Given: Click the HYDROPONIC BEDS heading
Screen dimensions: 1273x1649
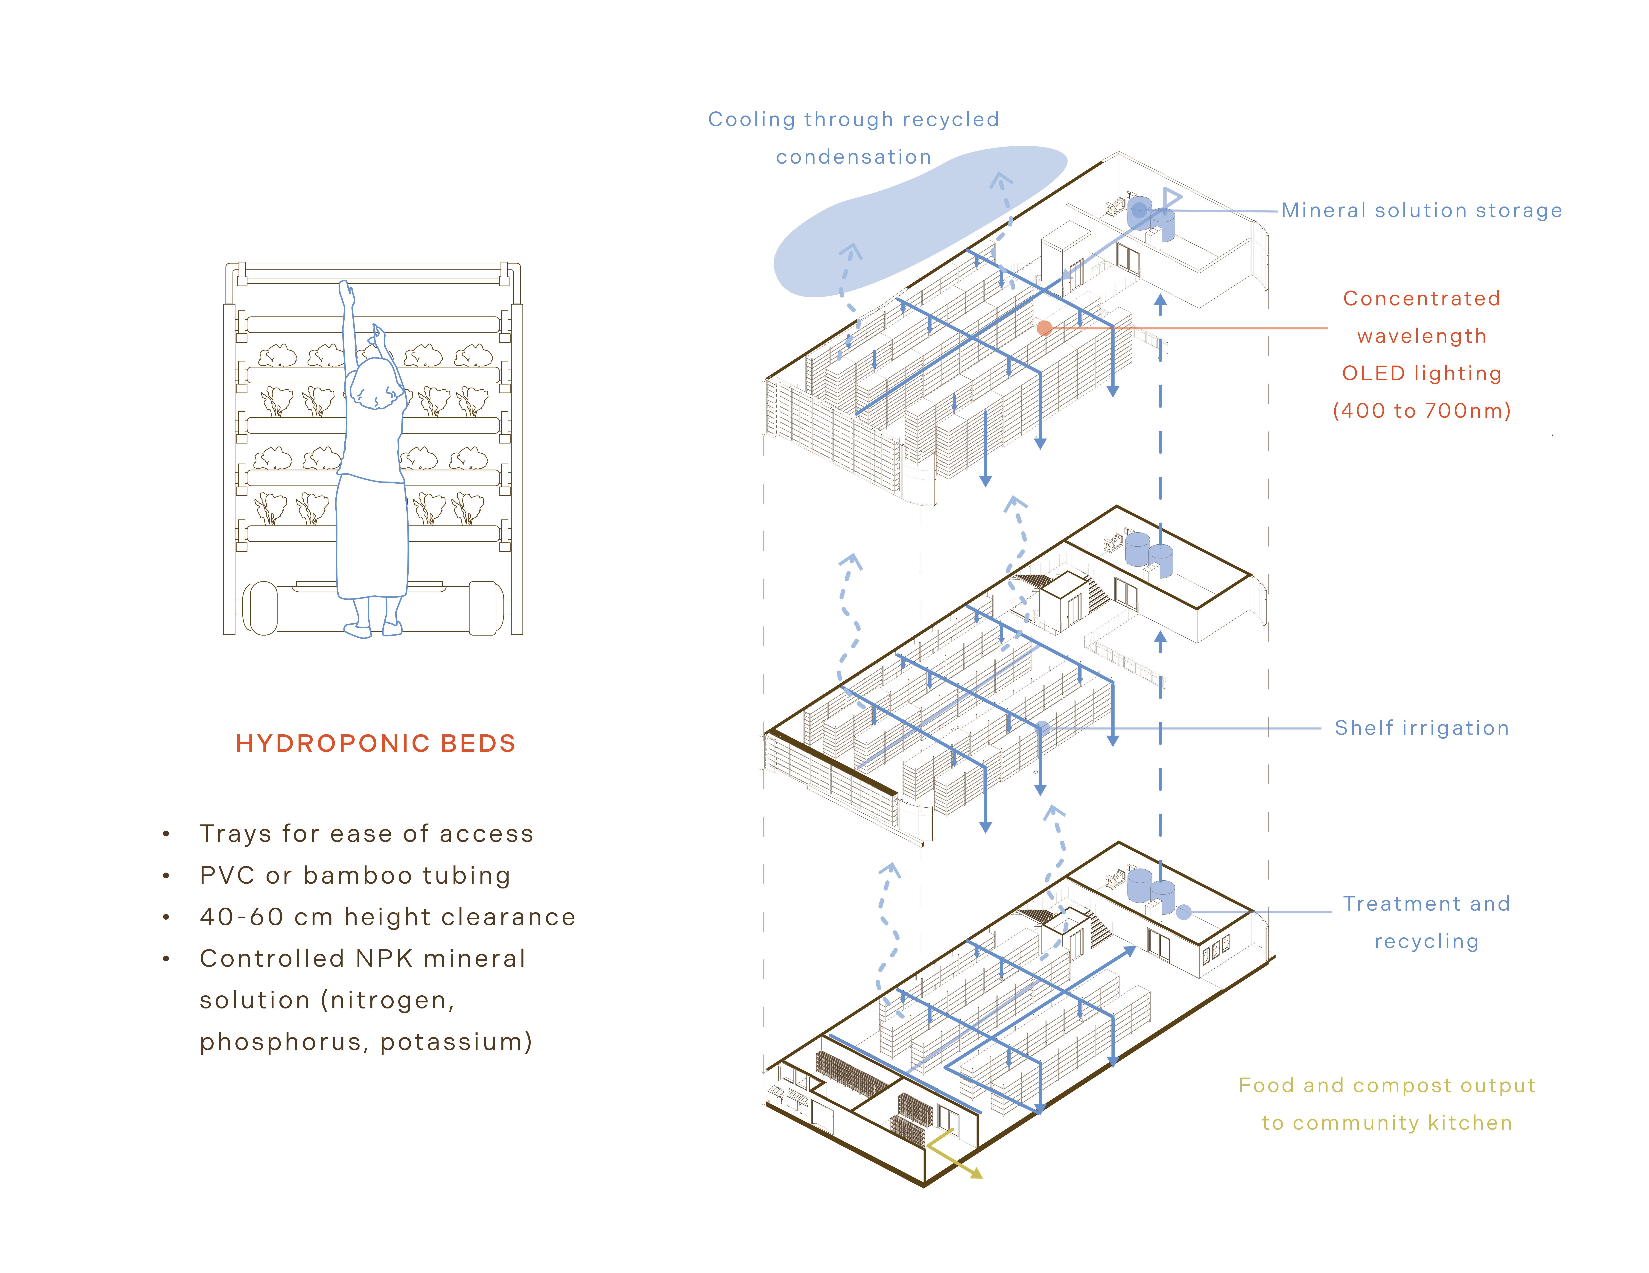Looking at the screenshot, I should click(375, 744).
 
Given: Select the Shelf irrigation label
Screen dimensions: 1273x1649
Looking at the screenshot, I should click(1422, 728).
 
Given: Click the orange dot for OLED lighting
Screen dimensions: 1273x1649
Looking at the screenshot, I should click(1044, 328).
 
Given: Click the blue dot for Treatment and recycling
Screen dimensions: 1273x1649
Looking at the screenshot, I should click(1184, 912).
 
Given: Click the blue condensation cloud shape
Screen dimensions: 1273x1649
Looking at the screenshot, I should click(906, 227).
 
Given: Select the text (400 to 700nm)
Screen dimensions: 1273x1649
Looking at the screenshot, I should click(1422, 411).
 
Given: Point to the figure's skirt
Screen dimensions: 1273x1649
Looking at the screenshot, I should click(372, 536).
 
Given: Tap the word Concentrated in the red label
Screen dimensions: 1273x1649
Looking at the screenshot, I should click(1421, 298).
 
